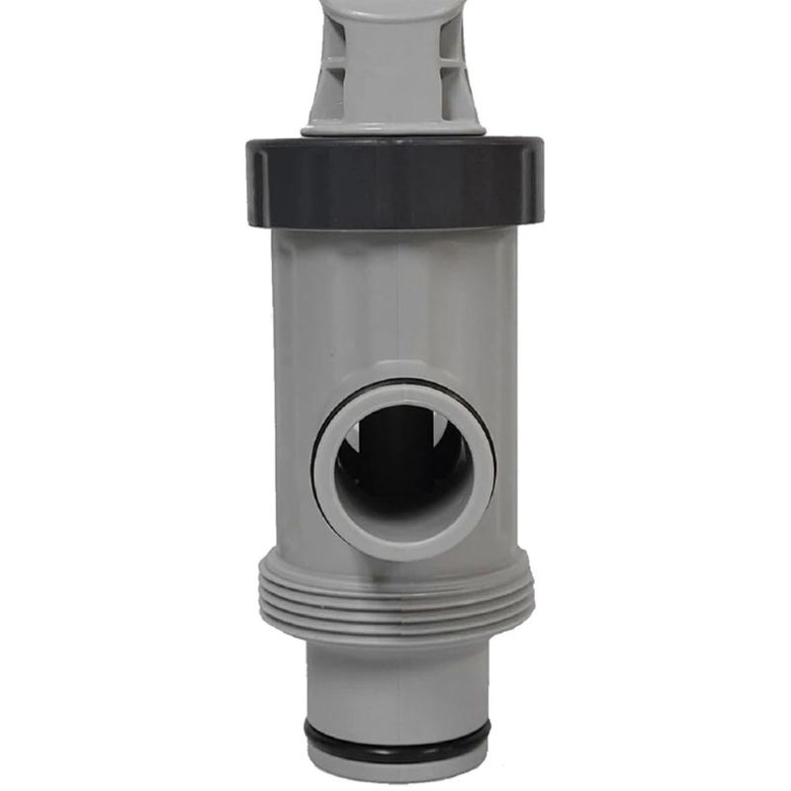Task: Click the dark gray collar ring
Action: click(x=395, y=183)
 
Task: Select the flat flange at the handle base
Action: click(x=395, y=127)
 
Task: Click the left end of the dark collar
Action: click(x=254, y=183)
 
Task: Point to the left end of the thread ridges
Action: click(x=267, y=598)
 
